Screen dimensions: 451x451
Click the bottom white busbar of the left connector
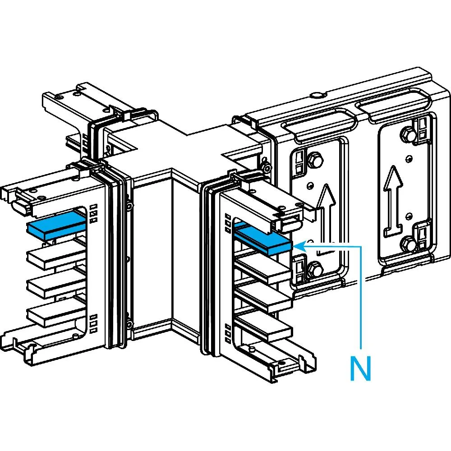point(54,313)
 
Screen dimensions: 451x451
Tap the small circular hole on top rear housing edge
point(318,95)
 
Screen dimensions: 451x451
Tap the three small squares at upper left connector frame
point(94,214)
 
